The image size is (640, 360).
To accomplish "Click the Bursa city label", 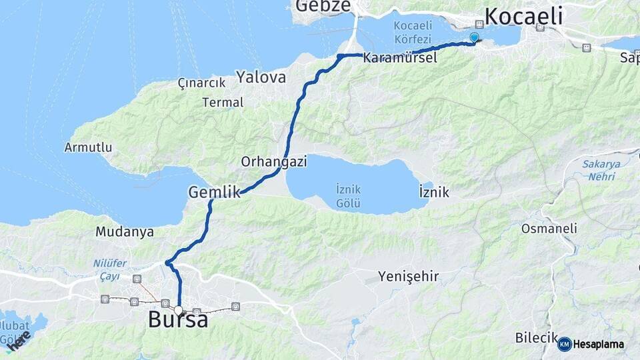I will pyautogui.click(x=177, y=321).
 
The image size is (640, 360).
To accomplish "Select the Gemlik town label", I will pyautogui.click(x=213, y=192).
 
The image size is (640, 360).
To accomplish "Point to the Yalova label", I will pyautogui.click(x=261, y=77).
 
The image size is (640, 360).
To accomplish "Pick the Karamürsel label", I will pyautogui.click(x=400, y=59).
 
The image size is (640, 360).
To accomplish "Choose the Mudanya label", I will pyautogui.click(x=125, y=232).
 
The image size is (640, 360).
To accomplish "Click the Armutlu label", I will pyautogui.click(x=88, y=147).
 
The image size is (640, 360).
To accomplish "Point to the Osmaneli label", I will pyautogui.click(x=549, y=228).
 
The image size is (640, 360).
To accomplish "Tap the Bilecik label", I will pyautogui.click(x=535, y=338).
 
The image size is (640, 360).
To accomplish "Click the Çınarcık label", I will pyautogui.click(x=201, y=82).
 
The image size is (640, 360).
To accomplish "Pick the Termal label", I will pyautogui.click(x=223, y=103).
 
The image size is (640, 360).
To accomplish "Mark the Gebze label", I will pyautogui.click(x=323, y=6).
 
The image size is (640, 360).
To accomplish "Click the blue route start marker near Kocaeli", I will pyautogui.click(x=474, y=37).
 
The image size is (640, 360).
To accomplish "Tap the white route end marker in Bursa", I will pyautogui.click(x=178, y=310).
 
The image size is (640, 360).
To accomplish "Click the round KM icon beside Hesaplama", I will pyautogui.click(x=564, y=344).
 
